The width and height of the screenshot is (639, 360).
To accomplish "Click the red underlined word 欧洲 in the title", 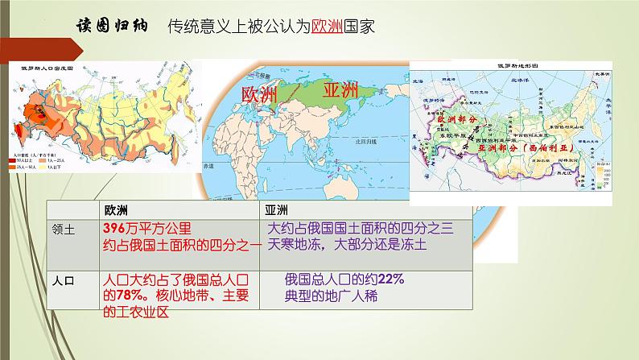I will pos(326,25).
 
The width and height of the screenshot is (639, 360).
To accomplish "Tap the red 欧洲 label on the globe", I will pos(259,94).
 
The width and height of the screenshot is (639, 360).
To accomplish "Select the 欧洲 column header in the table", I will pos(117,210).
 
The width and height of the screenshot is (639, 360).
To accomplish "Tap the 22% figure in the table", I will pos(393,280).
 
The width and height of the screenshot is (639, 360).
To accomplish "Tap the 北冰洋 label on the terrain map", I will pos(522,81).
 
